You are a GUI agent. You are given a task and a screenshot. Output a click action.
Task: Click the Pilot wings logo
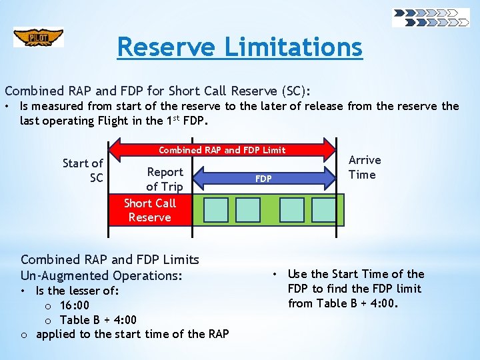(x=38, y=37)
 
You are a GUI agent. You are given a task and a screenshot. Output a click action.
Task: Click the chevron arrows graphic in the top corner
(x=431, y=17)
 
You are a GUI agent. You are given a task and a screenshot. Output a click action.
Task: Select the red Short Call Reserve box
(x=150, y=211)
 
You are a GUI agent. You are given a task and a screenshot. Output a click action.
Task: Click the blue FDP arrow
(x=264, y=179)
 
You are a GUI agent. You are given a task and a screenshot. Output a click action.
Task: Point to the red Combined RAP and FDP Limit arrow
(x=222, y=150)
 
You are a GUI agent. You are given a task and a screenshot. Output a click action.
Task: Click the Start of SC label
(x=83, y=171)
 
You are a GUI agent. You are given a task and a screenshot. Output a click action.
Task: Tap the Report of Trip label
(x=165, y=179)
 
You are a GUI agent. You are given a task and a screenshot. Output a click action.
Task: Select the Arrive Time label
(x=365, y=167)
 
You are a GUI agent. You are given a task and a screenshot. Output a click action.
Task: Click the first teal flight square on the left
(x=215, y=209)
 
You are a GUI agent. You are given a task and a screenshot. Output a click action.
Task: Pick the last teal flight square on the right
(x=325, y=209)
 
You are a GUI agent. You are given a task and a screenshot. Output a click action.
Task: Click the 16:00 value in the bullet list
(x=75, y=305)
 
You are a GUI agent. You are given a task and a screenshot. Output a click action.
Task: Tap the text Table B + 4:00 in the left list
(x=98, y=319)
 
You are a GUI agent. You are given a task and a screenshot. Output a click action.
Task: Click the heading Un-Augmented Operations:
(x=101, y=275)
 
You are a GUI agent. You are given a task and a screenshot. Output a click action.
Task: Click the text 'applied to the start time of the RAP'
(x=132, y=333)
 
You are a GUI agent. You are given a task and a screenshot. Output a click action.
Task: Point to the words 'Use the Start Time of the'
(x=355, y=274)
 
